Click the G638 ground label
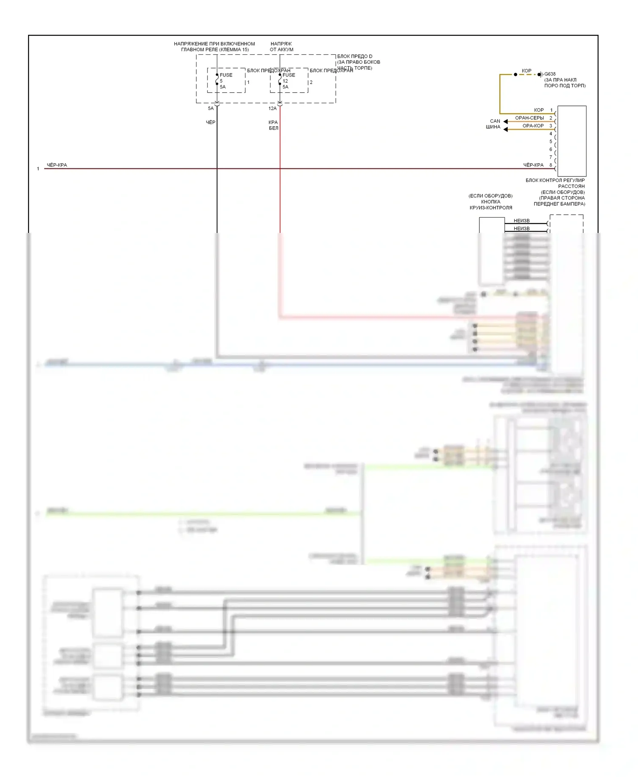(x=550, y=74)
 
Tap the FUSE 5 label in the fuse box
(x=225, y=78)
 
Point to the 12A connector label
(x=273, y=108)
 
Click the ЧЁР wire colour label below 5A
(x=211, y=122)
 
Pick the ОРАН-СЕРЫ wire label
(x=529, y=118)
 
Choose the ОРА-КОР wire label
(x=533, y=126)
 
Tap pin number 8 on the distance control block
(x=551, y=165)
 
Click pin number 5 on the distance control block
(x=551, y=142)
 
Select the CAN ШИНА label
(x=494, y=124)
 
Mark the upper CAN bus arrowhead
(x=506, y=122)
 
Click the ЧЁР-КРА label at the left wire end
(x=57, y=165)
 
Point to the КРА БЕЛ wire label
(x=273, y=125)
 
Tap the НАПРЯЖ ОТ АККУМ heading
(x=282, y=47)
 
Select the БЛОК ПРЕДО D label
(x=355, y=57)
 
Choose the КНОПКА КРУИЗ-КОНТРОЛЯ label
(x=490, y=205)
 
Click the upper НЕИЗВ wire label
(x=521, y=221)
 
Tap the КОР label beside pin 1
(x=539, y=110)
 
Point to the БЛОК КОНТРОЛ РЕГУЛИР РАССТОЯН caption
(x=555, y=183)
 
